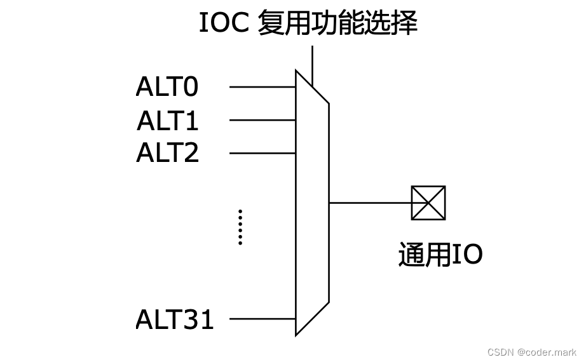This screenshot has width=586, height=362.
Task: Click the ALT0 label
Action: [167, 87]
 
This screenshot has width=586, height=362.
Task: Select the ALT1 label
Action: [168, 120]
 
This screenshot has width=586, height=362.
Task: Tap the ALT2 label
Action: [168, 153]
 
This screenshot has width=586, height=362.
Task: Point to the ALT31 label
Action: [175, 319]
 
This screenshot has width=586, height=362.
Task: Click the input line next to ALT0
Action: [262, 87]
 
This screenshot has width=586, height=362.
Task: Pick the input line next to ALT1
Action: [262, 120]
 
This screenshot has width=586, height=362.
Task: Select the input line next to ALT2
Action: [262, 153]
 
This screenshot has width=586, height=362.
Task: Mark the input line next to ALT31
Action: [262, 319]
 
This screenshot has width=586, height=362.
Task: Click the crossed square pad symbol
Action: [428, 203]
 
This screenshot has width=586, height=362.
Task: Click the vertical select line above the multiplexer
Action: [312, 64]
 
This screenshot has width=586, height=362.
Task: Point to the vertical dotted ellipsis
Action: [240, 227]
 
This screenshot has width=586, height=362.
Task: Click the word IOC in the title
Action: [225, 23]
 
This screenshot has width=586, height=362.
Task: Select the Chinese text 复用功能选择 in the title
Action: [337, 23]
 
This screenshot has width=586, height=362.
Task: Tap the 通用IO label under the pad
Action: [440, 255]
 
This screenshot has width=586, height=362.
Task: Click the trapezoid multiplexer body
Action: [312, 203]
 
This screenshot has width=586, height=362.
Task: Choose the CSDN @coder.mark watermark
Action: [532, 352]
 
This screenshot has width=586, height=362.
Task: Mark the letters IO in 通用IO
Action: [467, 255]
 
